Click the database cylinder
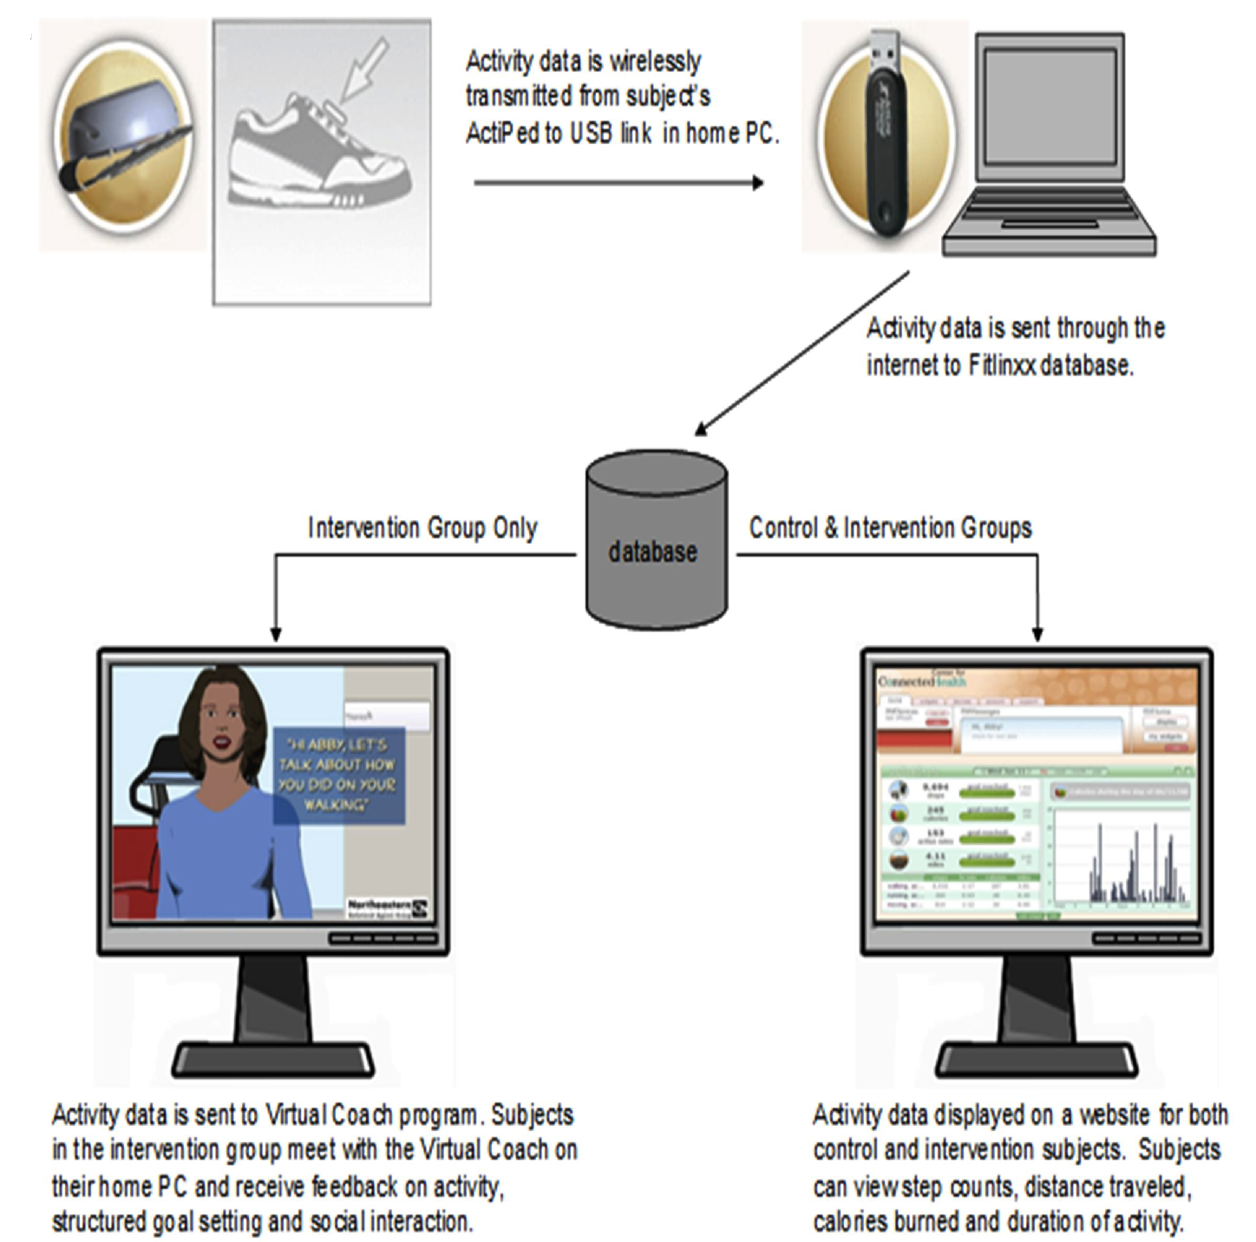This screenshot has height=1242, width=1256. (656, 539)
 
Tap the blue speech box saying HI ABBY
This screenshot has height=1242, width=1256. (338, 775)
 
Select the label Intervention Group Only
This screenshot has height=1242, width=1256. (422, 527)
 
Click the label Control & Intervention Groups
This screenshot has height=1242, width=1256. (890, 527)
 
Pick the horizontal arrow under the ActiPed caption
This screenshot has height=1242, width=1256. (618, 183)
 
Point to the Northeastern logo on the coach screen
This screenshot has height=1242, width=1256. (387, 907)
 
